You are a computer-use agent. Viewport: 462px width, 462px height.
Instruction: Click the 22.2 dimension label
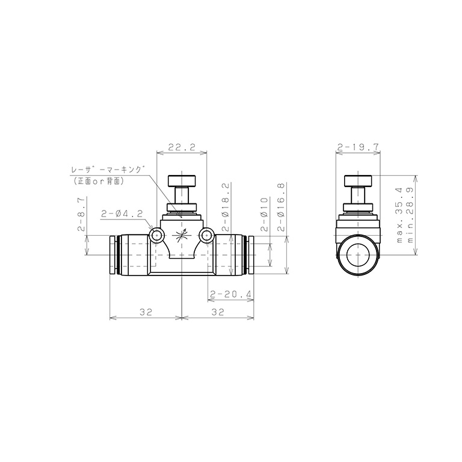pos(182,147)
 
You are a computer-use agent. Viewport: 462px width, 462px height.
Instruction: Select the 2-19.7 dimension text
pos(358,147)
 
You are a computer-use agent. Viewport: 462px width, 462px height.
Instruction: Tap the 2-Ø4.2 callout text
pos(122,214)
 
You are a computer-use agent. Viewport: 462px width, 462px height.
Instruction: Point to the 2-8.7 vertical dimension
pos(81,214)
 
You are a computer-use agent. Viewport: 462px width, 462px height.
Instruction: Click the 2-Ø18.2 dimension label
pos(226,207)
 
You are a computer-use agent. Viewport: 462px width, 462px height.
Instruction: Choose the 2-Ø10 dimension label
pos(265,214)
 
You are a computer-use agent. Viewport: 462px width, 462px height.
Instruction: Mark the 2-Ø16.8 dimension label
pos(282,207)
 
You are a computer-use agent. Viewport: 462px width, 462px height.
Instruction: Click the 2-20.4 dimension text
pos(231,294)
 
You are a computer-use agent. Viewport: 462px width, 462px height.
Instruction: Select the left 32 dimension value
pos(146,312)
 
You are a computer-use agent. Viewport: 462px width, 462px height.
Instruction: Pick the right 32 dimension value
pos(218,312)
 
